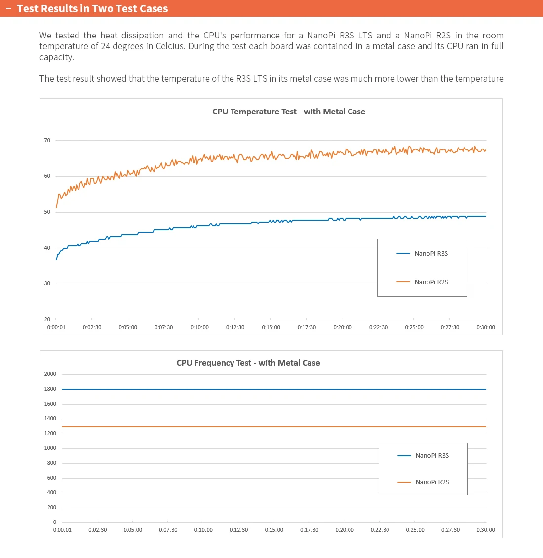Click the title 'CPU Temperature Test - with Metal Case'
click(289, 112)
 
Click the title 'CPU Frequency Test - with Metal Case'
click(248, 363)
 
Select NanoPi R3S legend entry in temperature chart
click(422, 254)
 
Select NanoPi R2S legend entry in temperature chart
click(422, 282)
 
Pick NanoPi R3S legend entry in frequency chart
click(423, 455)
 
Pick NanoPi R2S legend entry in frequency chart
click(423, 482)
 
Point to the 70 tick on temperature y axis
click(47, 140)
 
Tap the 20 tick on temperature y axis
click(47, 319)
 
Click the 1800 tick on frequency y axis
click(50, 389)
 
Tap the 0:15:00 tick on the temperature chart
click(271, 327)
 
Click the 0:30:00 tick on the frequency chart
click(486, 530)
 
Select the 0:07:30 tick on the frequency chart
click(168, 530)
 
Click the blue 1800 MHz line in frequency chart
click(274, 389)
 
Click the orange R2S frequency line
click(274, 426)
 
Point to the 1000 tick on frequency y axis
click(50, 448)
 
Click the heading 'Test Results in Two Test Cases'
click(92, 8)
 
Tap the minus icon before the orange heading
click(8, 8)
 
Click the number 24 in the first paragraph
click(106, 46)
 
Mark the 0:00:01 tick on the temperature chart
click(56, 327)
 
